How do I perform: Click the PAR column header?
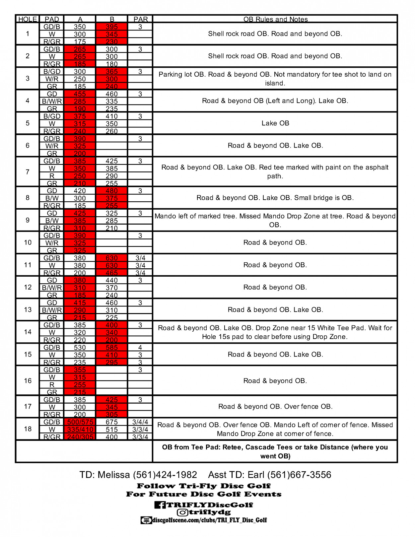pos(140,19)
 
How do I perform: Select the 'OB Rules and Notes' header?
pos(275,19)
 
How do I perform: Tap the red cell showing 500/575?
pos(80,422)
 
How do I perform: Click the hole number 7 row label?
pos(28,172)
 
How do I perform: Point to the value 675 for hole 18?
pos(112,422)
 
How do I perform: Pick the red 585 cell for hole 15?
pos(112,348)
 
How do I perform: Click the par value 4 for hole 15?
pos(140,348)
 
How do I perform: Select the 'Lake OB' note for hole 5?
pos(275,123)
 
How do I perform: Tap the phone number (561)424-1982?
pos(165,475)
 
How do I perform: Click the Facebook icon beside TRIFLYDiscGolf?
pos(160,505)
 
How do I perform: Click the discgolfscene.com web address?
pos(209,520)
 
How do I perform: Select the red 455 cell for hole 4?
pos(80,94)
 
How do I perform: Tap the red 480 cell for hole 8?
pos(112,191)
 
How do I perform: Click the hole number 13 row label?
pos(28,309)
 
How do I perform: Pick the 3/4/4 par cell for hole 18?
pos(140,422)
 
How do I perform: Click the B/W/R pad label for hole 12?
pos(52,288)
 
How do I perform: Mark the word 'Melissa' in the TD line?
pos(114,475)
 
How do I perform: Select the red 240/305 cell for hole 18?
pos(80,437)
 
